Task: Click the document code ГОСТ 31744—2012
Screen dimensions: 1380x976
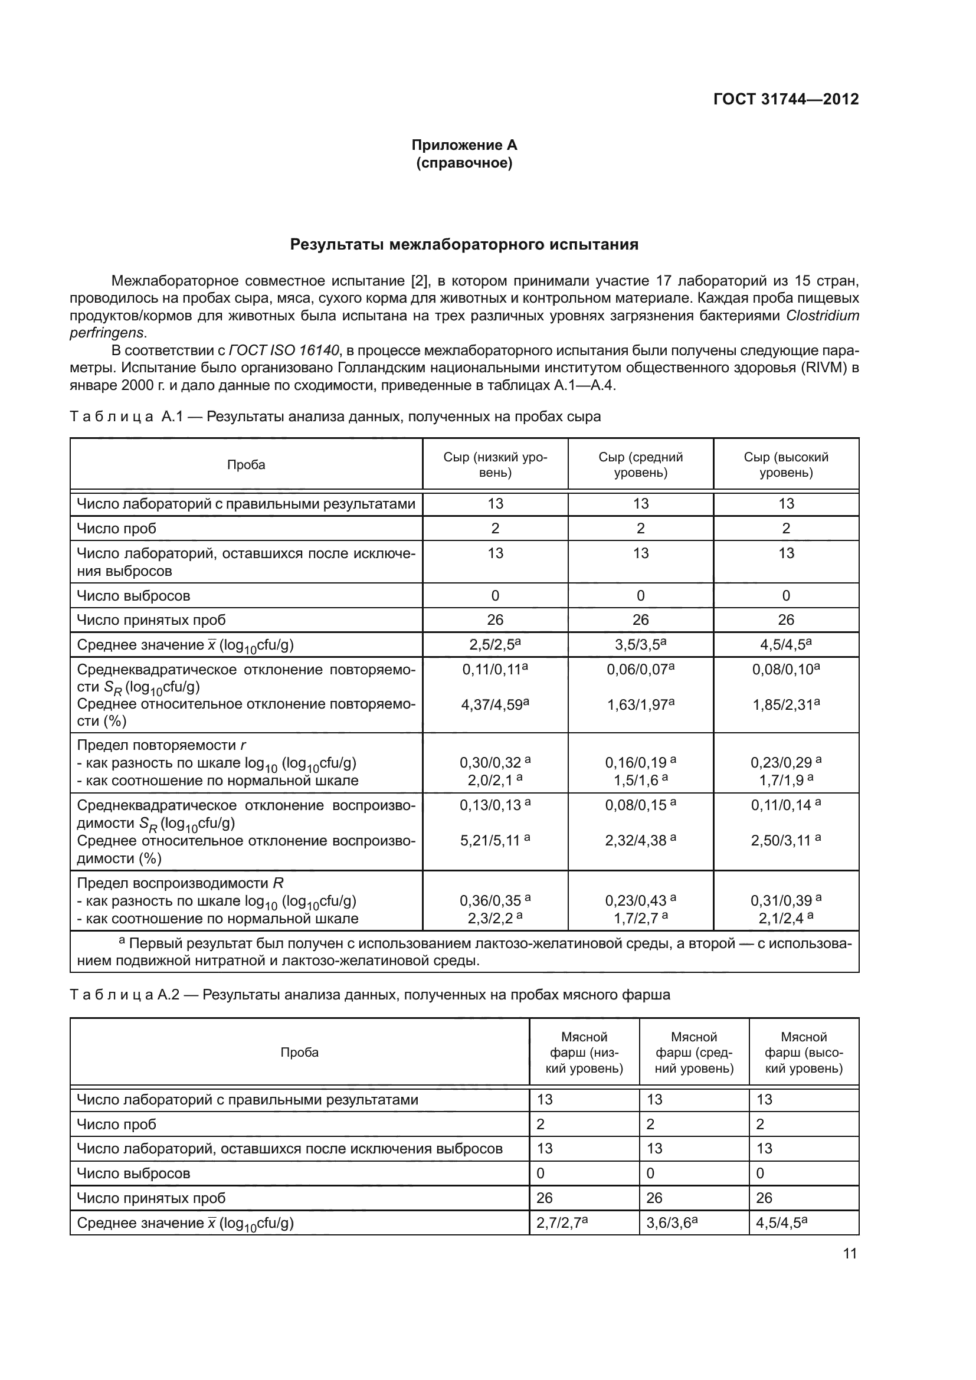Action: point(785,99)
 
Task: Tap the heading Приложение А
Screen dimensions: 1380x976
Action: point(464,145)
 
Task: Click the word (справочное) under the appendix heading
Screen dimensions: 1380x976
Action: point(464,163)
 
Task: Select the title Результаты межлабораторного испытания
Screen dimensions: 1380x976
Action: point(464,245)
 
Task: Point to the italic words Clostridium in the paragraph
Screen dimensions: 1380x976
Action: point(821,316)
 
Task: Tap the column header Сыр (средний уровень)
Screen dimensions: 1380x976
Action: point(641,464)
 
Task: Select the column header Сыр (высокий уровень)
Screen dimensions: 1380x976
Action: point(786,464)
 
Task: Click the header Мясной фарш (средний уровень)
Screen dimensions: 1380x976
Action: point(694,1053)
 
